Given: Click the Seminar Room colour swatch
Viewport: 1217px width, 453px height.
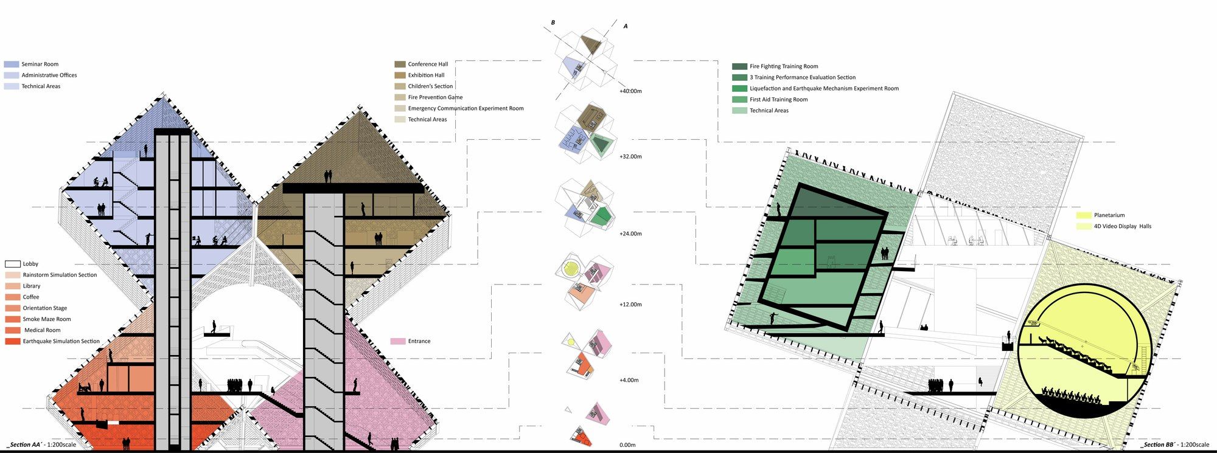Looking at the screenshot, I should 12,64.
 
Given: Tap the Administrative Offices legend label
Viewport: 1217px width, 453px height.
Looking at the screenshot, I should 49,75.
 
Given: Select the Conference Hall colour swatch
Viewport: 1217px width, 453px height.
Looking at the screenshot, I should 400,64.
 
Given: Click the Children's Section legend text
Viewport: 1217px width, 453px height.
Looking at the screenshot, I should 430,86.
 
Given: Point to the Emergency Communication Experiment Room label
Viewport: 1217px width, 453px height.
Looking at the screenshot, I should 466,108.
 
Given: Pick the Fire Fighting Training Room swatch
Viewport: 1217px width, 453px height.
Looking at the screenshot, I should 739,66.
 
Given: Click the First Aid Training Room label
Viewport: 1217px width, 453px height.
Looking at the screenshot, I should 778,99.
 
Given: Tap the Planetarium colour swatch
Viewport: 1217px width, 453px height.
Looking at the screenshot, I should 1083,215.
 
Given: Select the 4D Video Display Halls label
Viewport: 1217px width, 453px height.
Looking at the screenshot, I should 1122,226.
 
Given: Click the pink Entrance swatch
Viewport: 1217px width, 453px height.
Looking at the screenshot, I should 397,341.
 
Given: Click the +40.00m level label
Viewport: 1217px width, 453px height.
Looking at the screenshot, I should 630,91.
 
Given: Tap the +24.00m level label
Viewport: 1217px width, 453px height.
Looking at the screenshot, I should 630,233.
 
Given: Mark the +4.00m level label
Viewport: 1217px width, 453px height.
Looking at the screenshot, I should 629,380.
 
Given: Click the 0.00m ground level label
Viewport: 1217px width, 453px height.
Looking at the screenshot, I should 627,445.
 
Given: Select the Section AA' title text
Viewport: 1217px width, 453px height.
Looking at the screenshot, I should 41,445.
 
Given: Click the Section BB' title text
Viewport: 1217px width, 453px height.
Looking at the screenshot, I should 1174,445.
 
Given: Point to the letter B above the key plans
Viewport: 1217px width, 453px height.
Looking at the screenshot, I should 553,23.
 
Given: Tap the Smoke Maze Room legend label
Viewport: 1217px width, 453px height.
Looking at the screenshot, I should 47,319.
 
